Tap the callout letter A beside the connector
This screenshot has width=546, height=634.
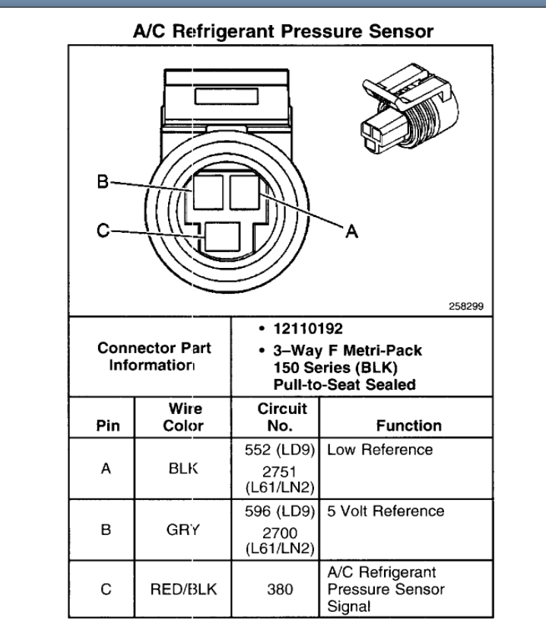point(352,231)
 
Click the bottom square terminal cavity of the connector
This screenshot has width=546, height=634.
point(221,237)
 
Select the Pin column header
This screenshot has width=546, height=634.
point(106,425)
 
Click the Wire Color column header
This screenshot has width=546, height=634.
point(183,417)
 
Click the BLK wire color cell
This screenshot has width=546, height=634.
point(183,470)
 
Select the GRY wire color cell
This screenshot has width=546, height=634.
point(183,530)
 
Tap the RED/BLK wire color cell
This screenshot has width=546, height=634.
point(183,588)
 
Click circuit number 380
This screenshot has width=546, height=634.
point(276,588)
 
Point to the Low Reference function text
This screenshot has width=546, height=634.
point(380,450)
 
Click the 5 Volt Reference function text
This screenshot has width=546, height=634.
point(386,511)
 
